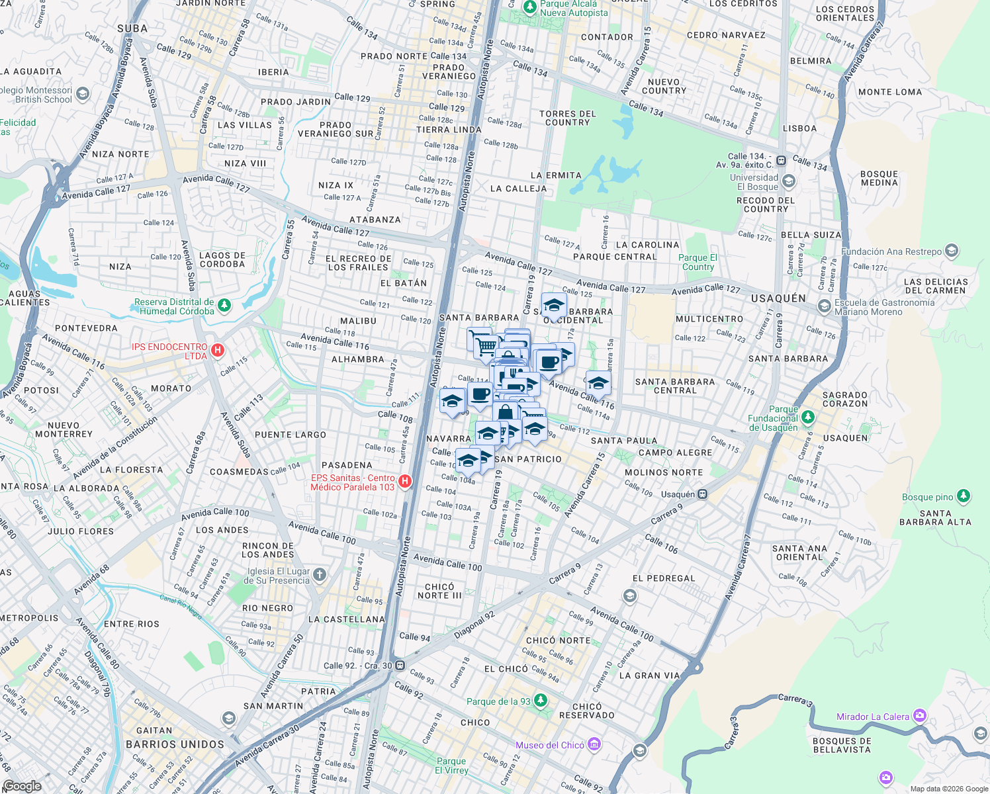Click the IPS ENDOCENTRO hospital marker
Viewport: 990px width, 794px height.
(217, 350)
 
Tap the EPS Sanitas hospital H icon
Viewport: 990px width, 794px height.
(405, 482)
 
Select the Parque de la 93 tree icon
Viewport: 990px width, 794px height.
(541, 701)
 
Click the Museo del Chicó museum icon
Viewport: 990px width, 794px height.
(594, 744)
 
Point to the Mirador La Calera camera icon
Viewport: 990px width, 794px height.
(919, 716)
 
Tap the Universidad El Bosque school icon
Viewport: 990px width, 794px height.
(788, 181)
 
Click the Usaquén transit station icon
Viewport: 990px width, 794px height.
(703, 494)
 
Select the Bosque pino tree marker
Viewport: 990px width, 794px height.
(964, 496)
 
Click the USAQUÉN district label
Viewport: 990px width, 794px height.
(778, 298)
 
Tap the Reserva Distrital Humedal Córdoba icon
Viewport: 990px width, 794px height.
(224, 305)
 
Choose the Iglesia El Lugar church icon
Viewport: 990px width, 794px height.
(320, 574)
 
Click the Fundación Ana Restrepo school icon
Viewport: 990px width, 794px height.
(952, 251)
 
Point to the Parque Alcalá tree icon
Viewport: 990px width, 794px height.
(529, 7)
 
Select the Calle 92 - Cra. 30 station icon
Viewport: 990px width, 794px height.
(400, 665)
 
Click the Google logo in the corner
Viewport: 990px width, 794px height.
(22, 785)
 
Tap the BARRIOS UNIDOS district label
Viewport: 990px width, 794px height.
(175, 744)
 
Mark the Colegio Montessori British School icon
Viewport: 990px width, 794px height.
(83, 94)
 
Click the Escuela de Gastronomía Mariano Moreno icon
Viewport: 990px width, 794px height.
(825, 306)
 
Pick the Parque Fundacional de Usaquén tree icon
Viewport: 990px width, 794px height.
(807, 418)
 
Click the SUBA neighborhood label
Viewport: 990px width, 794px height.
(132, 28)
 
